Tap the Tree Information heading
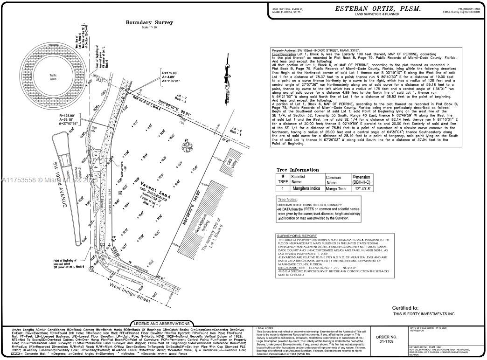click(x=298, y=170)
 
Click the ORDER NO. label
click(x=386, y=337)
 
